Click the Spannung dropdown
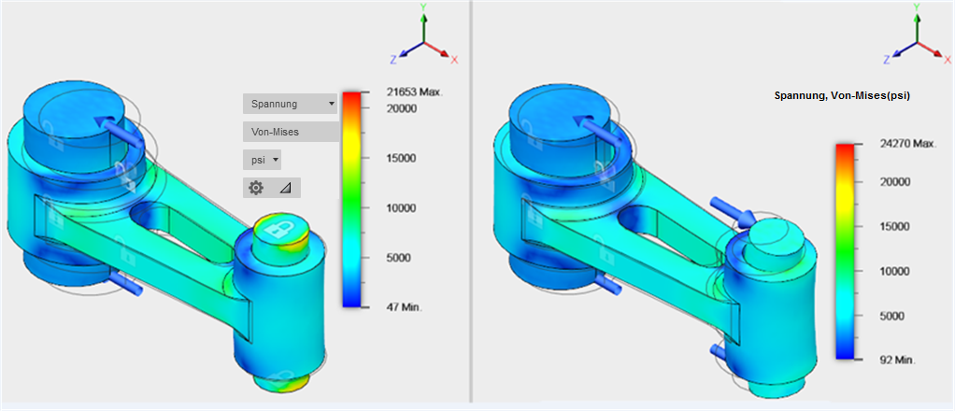coord(290,104)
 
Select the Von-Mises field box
coord(292,132)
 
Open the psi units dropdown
coord(262,160)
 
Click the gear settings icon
coord(256,188)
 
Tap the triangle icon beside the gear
coord(286,189)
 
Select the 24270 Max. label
coord(907,144)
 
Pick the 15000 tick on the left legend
coord(403,158)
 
